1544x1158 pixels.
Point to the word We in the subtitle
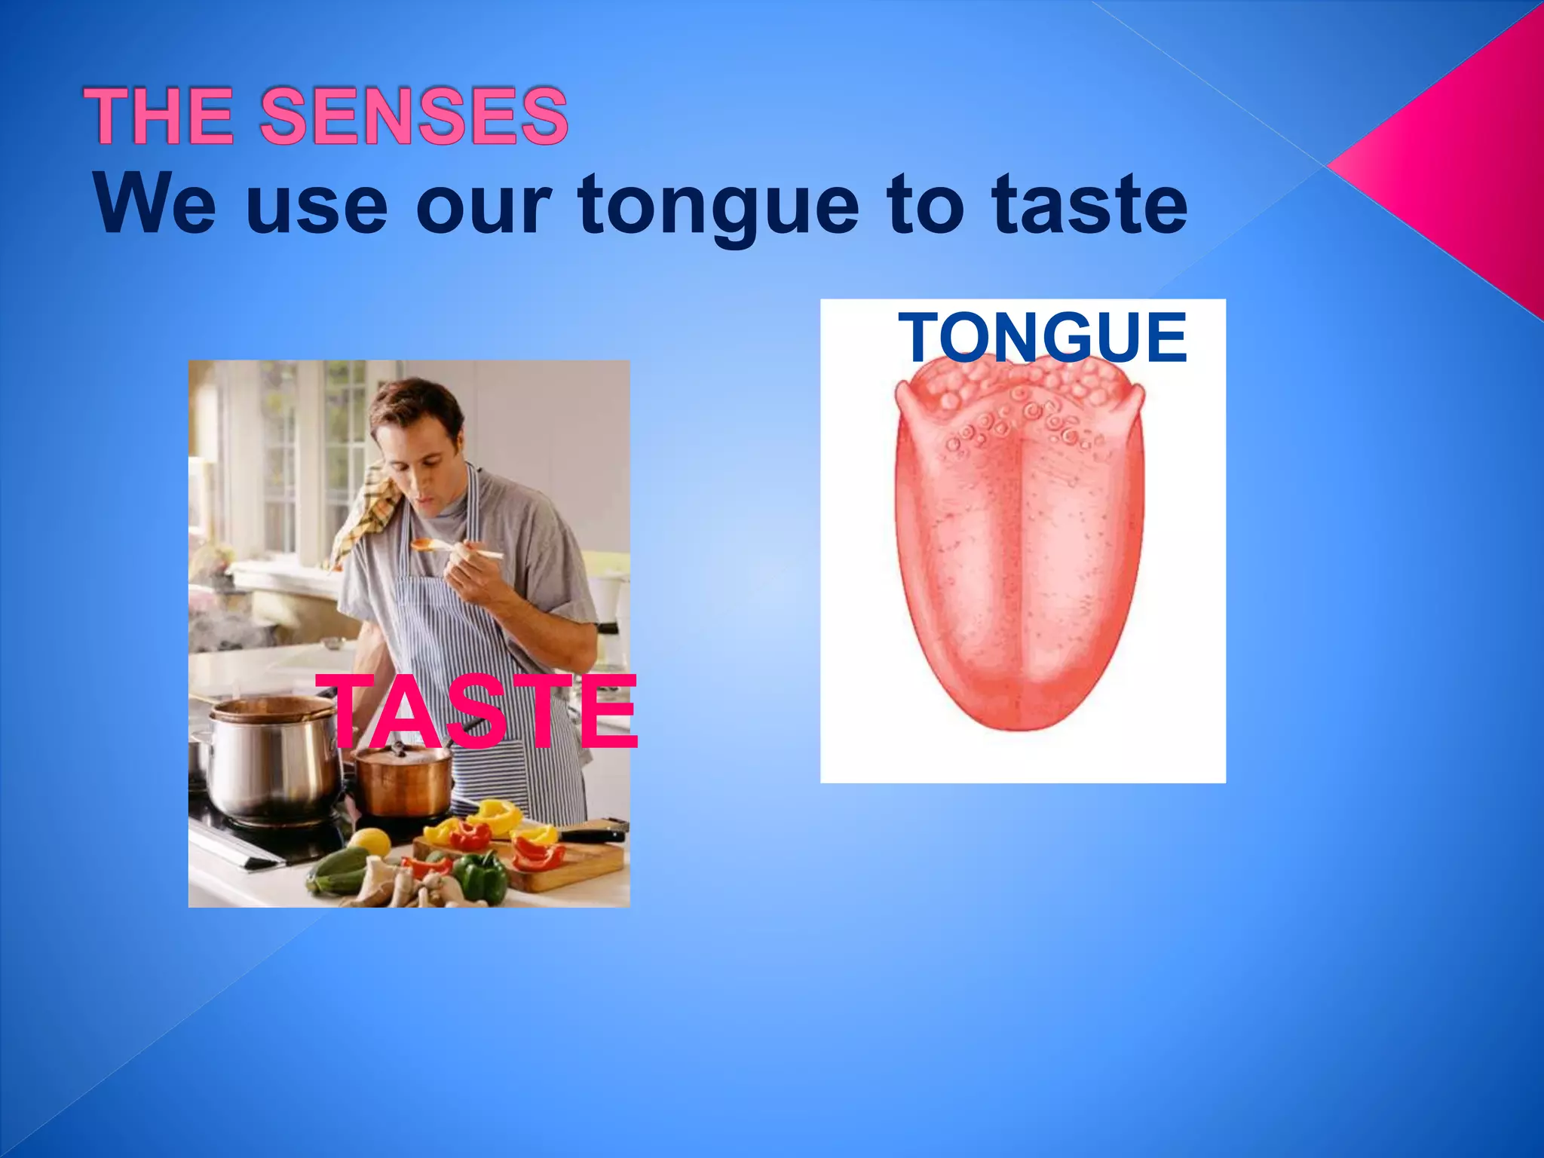coord(155,204)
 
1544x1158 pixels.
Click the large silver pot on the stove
coord(271,761)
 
